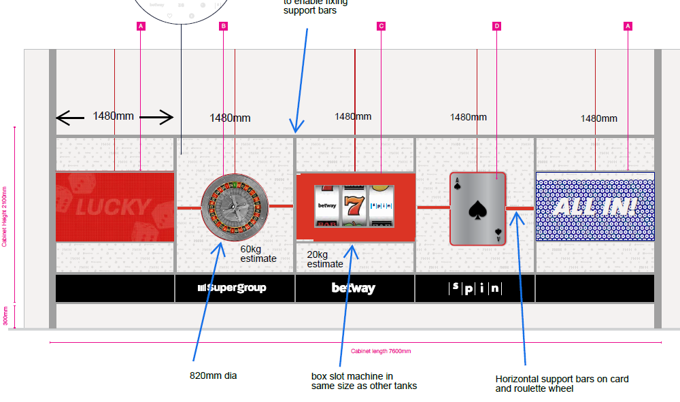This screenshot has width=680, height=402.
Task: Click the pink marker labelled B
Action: coord(223,26)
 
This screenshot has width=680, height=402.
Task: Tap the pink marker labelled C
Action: coord(381,26)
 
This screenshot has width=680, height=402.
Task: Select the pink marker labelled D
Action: coord(496,26)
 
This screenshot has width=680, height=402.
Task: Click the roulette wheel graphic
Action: coord(235,206)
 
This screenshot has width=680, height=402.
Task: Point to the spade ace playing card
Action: coord(478,208)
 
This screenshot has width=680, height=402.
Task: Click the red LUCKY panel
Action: coord(114,207)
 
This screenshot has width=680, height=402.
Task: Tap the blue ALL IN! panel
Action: coord(595,206)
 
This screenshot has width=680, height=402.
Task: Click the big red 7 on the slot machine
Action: coord(353,204)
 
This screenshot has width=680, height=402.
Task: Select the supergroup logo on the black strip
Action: coord(232,288)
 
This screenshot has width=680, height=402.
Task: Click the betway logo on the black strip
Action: coord(353,288)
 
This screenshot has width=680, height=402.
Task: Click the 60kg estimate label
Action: coord(258,254)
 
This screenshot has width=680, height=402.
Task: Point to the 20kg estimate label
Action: coord(325,259)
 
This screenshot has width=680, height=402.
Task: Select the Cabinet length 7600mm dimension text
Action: coord(381,351)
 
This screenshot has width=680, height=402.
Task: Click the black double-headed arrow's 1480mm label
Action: coord(114,116)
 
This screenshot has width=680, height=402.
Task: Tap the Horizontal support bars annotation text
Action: coord(562,384)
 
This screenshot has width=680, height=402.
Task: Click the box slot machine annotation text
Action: coord(364,381)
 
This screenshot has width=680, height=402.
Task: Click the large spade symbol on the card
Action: coord(477,208)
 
